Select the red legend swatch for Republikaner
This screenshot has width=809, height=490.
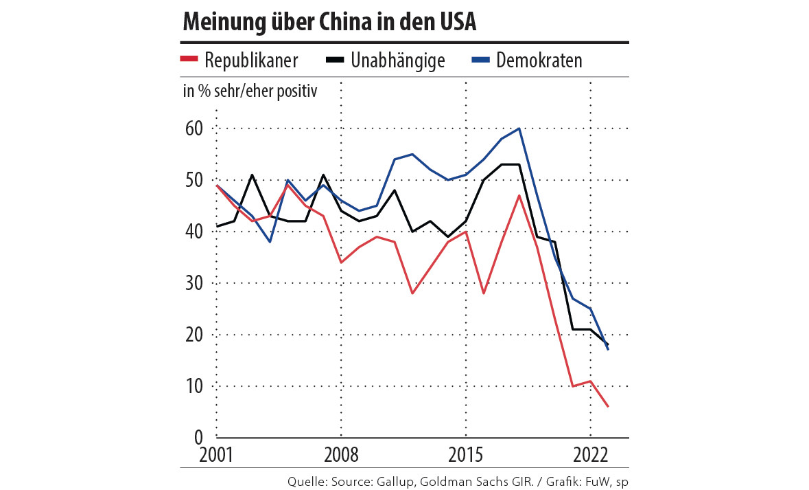pos(189,60)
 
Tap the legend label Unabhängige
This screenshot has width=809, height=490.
pos(398,60)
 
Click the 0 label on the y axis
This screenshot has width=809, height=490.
pos(198,437)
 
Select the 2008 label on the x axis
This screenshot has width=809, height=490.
pos(341,456)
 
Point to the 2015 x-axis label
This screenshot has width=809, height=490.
pos(466,456)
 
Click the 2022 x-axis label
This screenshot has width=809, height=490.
pos(591,456)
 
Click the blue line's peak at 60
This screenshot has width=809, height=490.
pos(519,129)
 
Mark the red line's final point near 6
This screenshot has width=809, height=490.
pos(609,407)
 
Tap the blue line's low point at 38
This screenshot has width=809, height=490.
pos(270,242)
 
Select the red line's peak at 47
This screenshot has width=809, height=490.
pos(519,196)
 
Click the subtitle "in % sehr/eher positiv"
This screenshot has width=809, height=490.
pos(250,91)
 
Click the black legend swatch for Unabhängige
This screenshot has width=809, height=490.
pos(335,60)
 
